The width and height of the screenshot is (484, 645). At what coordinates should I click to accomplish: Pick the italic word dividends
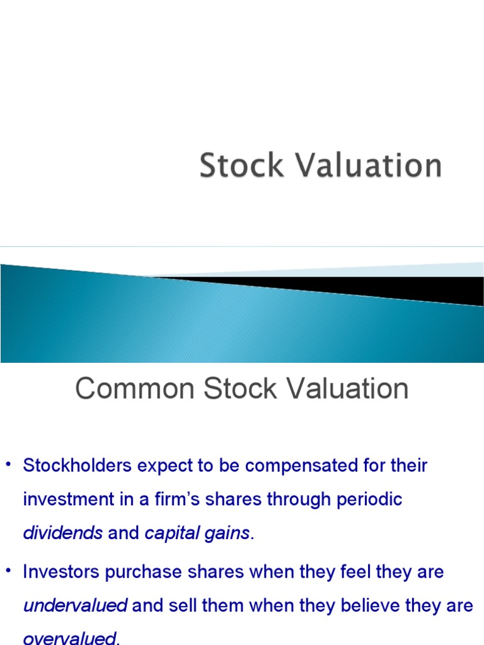tap(62, 534)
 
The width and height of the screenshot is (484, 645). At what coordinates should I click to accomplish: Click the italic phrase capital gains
tap(197, 534)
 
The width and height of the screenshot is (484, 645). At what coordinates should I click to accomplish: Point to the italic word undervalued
tap(75, 606)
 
